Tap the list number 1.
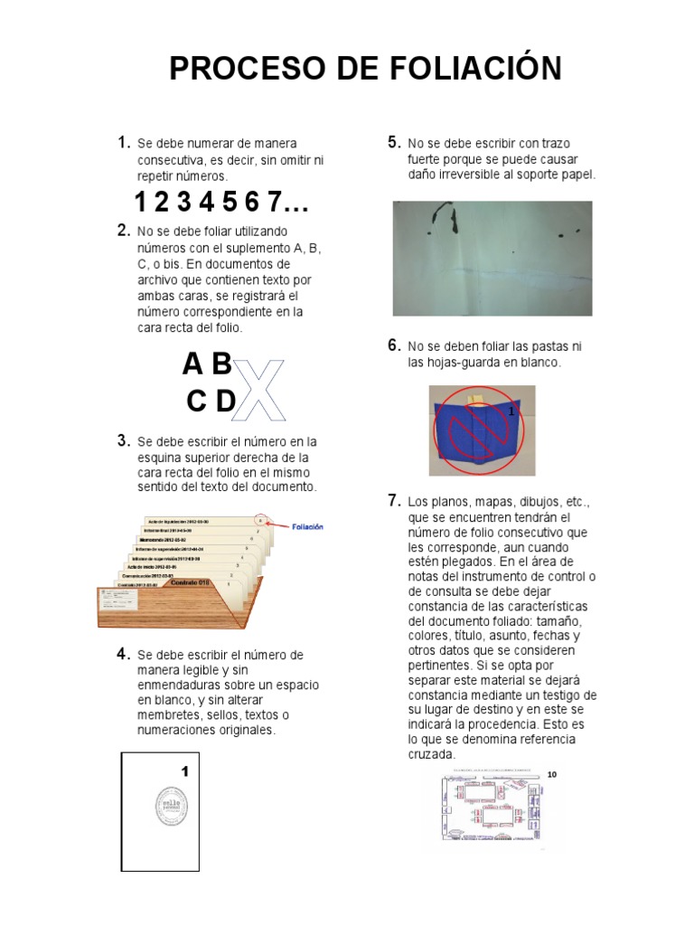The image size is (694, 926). pos(123,142)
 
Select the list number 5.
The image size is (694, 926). pos(393,141)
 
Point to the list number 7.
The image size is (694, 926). pos(393,499)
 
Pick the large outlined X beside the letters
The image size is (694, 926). pos(260,390)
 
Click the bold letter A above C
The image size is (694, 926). pos(192,364)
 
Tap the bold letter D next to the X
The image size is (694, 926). pos(225,402)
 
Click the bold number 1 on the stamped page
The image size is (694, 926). pos(184,771)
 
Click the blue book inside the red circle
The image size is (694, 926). pos(473,430)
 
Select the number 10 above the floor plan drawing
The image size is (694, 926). pos(552,774)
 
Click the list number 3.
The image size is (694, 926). pos(123,440)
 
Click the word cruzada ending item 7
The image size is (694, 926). pos(432,754)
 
